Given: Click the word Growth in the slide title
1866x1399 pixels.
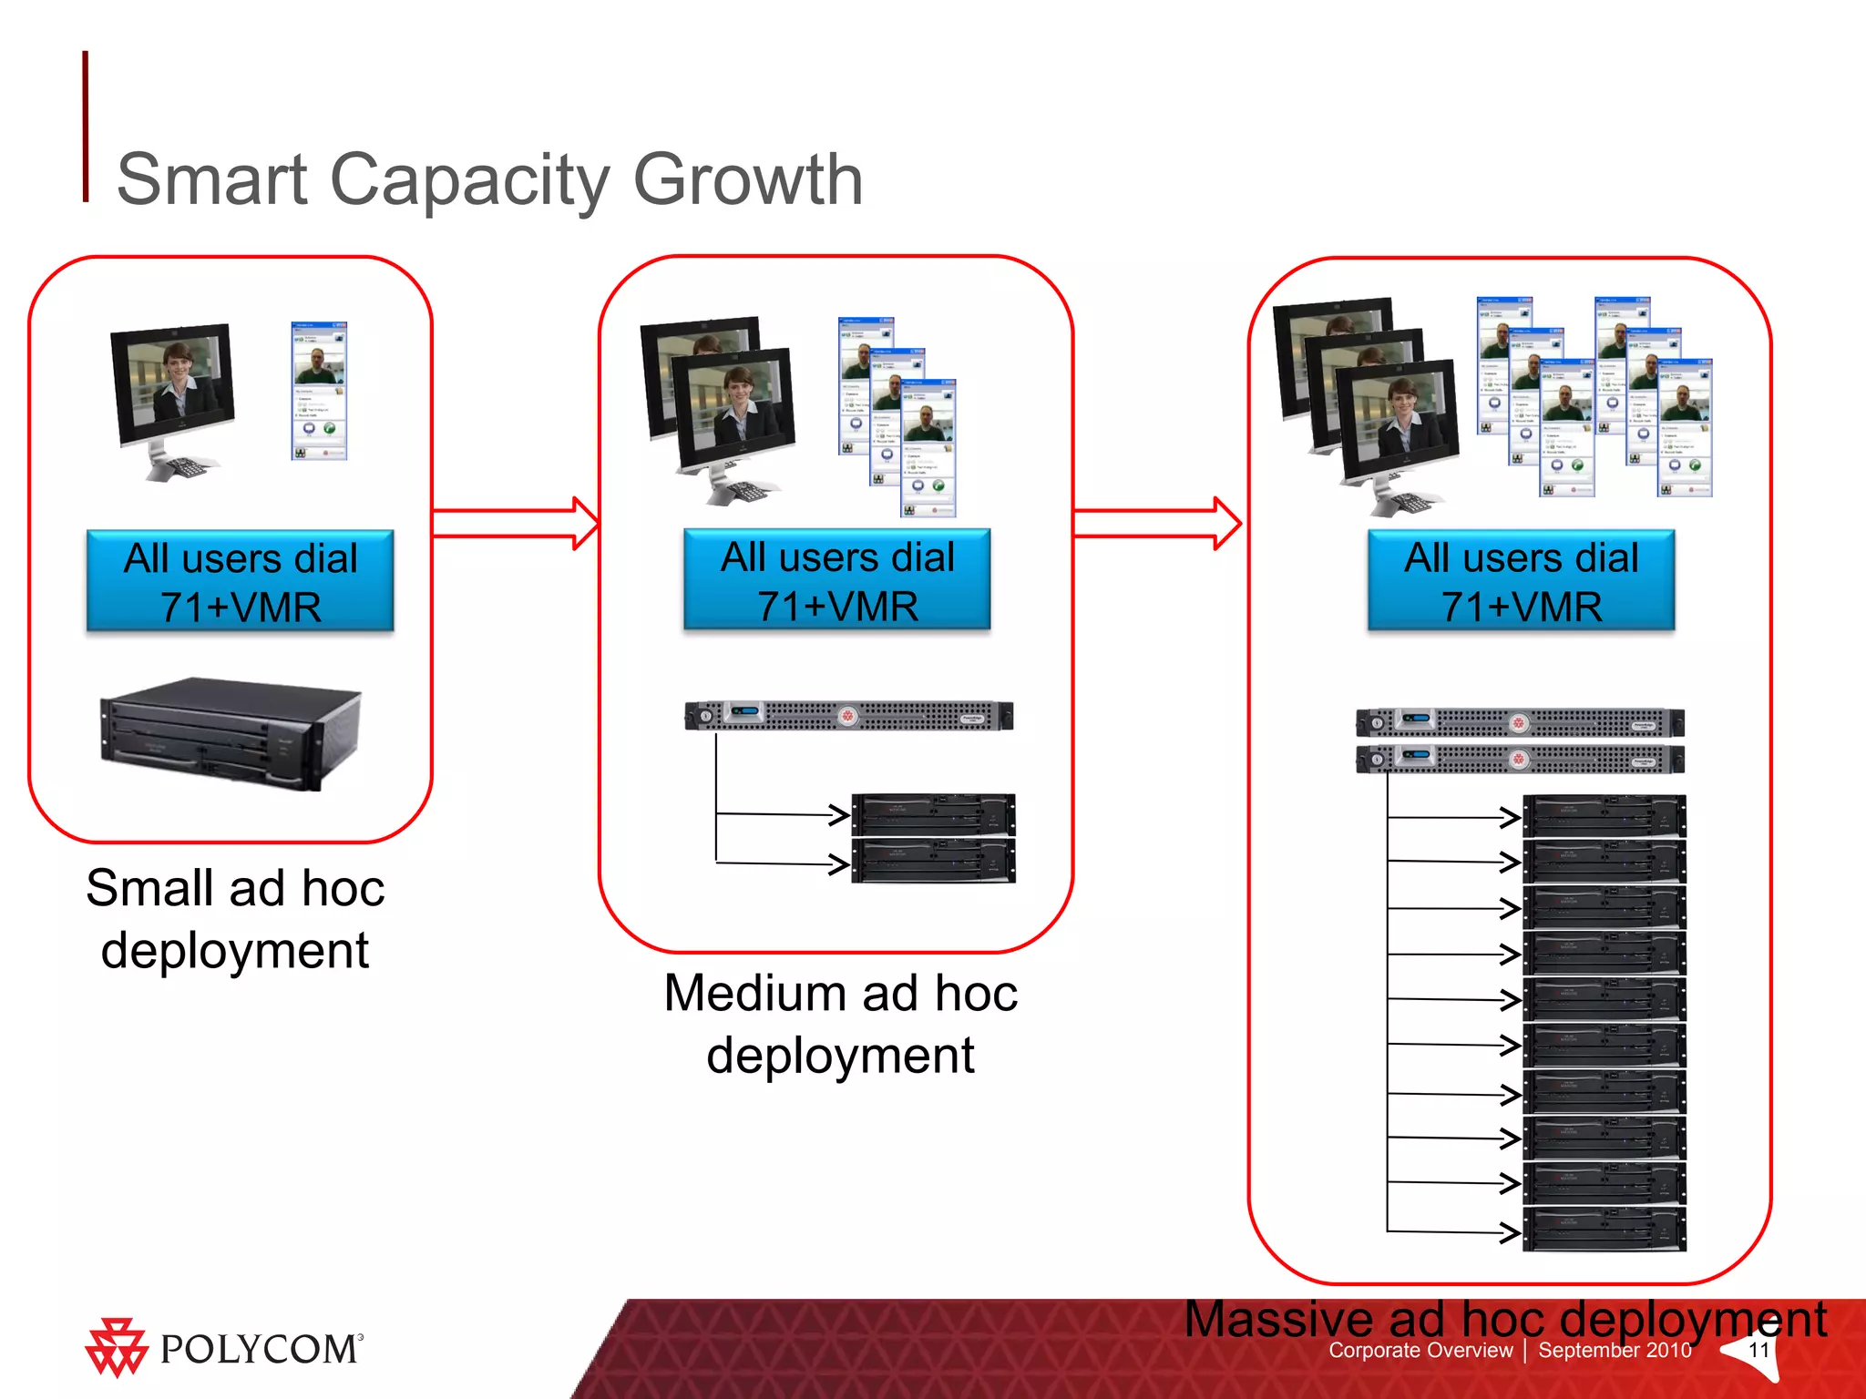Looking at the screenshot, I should pos(747,180).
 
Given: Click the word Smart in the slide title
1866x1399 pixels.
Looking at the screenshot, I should pos(211,180).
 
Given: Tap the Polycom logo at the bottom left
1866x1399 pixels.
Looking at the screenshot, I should pos(224,1348).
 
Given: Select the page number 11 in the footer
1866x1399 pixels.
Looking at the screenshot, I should pos(1758,1350).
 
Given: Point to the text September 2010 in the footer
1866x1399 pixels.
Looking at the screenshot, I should pos(1615,1351).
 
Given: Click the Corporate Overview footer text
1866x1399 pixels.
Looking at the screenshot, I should pos(1420,1351).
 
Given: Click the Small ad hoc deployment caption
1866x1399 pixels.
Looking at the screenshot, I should pos(235,919).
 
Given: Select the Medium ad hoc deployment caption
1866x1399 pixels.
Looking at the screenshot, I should pos(840,1024).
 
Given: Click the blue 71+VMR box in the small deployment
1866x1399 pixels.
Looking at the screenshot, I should pos(241,581).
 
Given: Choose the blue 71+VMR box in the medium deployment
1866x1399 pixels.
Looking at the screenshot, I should pos(837,580).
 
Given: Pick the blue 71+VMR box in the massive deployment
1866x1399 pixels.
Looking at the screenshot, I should pos(1521,581).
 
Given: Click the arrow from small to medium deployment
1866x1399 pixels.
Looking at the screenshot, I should pos(516,523).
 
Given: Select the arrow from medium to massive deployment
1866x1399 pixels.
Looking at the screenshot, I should pos(1157,523).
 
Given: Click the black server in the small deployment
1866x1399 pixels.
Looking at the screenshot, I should pos(231,732).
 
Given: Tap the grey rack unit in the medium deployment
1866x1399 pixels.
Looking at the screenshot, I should pos(848,716).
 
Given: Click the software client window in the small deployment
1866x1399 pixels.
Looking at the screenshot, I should pos(319,391).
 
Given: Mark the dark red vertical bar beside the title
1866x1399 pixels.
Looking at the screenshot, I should pos(86,127).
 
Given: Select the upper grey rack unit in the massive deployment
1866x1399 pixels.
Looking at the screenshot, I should pos(1520,723).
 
